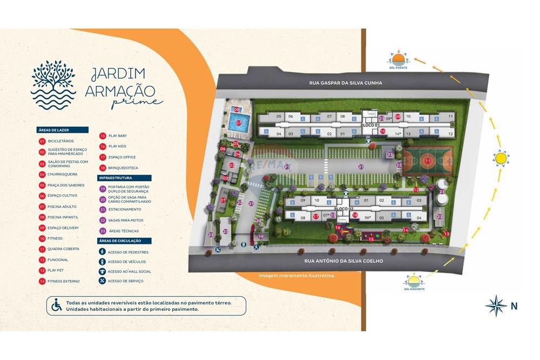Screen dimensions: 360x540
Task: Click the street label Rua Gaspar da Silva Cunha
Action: pos(346,83)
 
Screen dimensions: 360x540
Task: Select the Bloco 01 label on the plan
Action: pos(370,125)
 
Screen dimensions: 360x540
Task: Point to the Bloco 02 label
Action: pos(343,208)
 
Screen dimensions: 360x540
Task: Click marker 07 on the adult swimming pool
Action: pos(239,123)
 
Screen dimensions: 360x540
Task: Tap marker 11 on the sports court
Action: pos(428,161)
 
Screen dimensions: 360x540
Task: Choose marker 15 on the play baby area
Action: pos(371,239)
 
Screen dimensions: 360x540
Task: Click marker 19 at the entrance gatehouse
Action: pos(261,236)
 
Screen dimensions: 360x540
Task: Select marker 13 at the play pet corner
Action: pos(447,234)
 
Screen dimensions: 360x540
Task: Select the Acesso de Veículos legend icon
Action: pos(103,262)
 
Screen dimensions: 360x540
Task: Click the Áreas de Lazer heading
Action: pos(63,130)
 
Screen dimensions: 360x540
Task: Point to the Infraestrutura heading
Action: pos(125,178)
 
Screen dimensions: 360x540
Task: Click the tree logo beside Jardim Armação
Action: pos(53,84)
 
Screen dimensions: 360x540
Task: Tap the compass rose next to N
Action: pos(496,305)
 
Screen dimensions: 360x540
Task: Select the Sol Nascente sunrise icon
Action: pos(414,282)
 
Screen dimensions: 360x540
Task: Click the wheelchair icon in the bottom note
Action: pos(56,305)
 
